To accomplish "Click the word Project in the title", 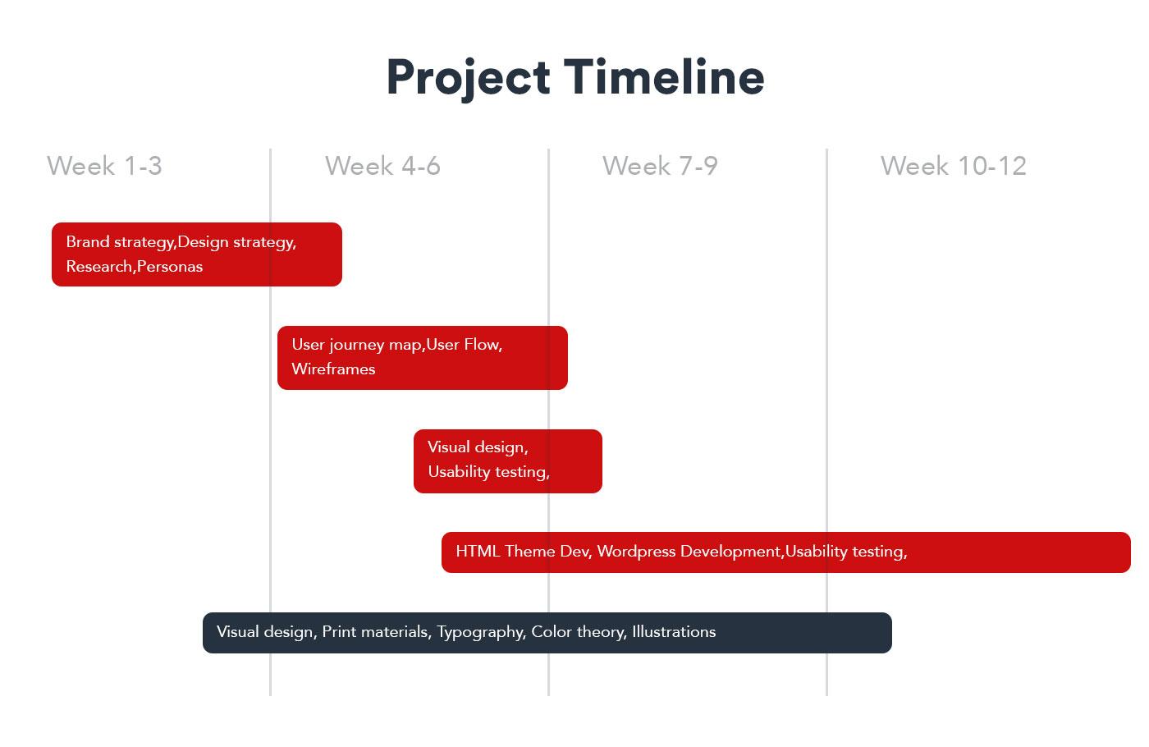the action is pyautogui.click(x=469, y=78).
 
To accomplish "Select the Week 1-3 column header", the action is pyautogui.click(x=105, y=166).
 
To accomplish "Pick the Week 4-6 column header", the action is pyautogui.click(x=382, y=166).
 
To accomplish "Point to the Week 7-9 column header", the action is pyautogui.click(x=660, y=166).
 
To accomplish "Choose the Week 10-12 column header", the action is pyautogui.click(x=954, y=166).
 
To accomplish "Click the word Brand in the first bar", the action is pyautogui.click(x=88, y=241).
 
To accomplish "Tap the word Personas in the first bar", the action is pyautogui.click(x=170, y=267).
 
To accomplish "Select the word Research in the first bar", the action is pyautogui.click(x=99, y=267).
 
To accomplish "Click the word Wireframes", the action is pyautogui.click(x=333, y=369).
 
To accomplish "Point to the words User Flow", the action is pyautogui.click(x=465, y=344).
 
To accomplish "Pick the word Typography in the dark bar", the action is pyautogui.click(x=481, y=632).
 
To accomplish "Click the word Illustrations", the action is pyautogui.click(x=674, y=631).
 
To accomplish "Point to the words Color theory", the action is pyautogui.click(x=579, y=632).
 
